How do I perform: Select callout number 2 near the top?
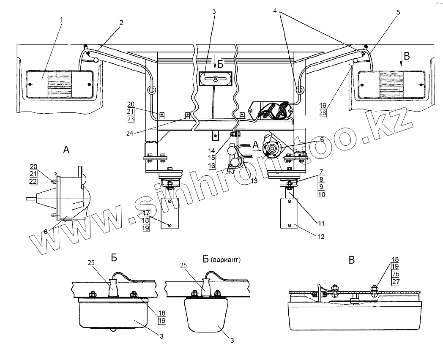pyautogui.click(x=121, y=23)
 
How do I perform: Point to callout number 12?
pyautogui.click(x=320, y=237)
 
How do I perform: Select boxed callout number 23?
pyautogui.click(x=131, y=119)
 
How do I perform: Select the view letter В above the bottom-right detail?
pyautogui.click(x=352, y=260)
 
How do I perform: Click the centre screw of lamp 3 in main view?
pyautogui.click(x=215, y=79)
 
